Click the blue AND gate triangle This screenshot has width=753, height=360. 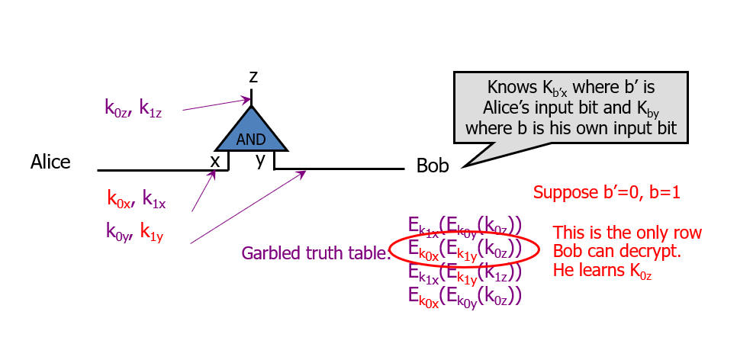(251, 131)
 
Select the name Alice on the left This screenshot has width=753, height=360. (50, 162)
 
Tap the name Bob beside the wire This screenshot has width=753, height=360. (433, 166)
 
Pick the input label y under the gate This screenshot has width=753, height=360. (261, 159)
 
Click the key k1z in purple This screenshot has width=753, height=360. (150, 108)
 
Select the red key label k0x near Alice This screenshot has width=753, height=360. (118, 201)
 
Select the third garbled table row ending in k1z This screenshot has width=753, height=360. (464, 272)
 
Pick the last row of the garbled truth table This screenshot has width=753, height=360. (464, 294)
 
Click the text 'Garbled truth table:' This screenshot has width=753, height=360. (316, 253)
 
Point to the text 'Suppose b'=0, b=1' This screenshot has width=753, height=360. (607, 192)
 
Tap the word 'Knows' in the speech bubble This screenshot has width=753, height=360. (508, 87)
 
